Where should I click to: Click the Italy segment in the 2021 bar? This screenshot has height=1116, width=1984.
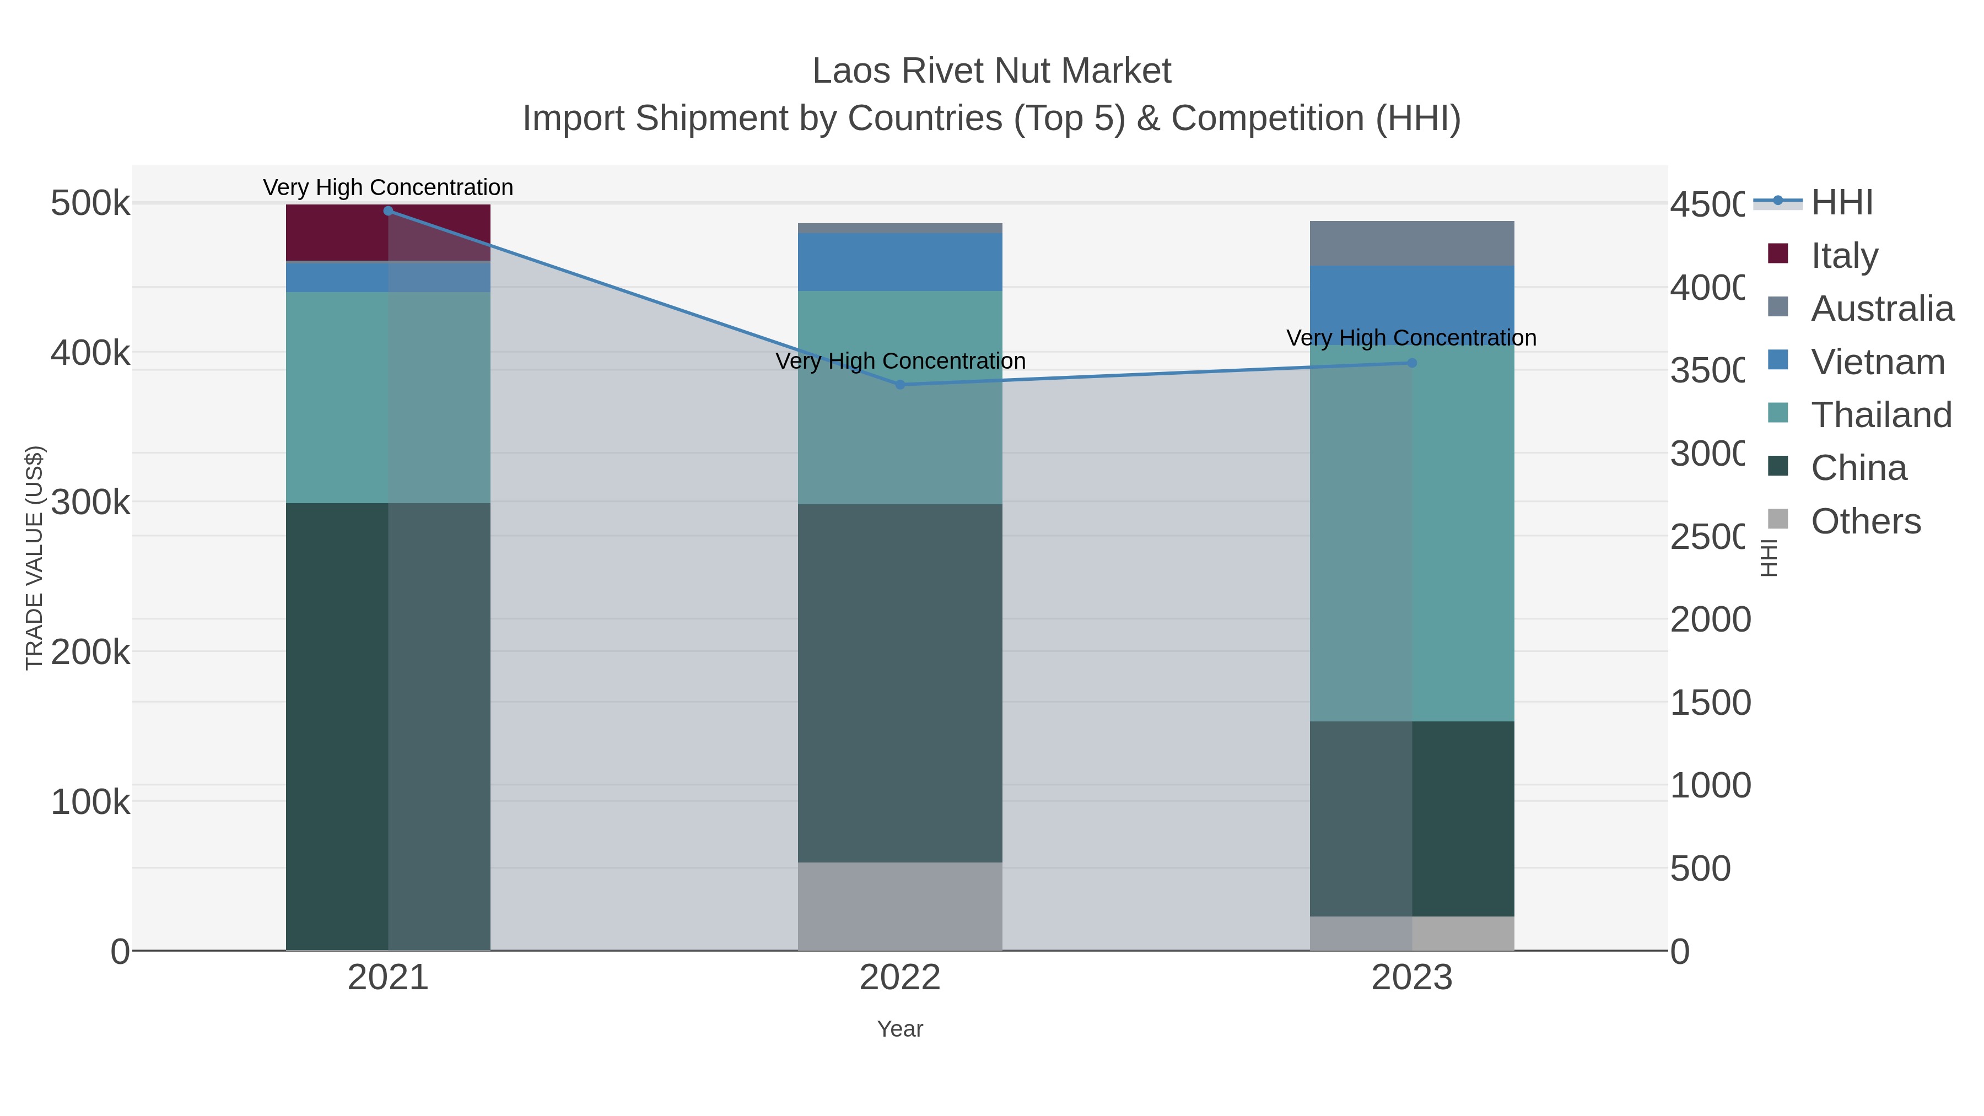pos(387,233)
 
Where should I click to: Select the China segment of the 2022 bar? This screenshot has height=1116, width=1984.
pos(899,683)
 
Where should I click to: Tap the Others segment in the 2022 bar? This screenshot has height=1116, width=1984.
pos(899,907)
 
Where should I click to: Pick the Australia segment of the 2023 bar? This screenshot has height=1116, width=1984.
pos(1412,244)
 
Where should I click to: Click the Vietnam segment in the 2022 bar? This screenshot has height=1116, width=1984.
pos(899,262)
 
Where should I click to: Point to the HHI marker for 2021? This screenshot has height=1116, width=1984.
pos(388,211)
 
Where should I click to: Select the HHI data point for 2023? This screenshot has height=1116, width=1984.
pos(1412,363)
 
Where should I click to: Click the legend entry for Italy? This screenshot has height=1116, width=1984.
pos(1844,255)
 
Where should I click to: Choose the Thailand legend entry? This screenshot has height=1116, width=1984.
pos(1881,414)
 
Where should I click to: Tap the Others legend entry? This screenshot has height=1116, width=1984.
pos(1866,521)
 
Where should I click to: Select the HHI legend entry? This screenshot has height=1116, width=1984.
pos(1841,203)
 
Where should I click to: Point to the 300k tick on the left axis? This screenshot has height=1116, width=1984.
pos(90,503)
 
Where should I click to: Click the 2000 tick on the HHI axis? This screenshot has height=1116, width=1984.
pos(1710,620)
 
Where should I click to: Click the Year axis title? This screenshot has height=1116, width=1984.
pos(899,1029)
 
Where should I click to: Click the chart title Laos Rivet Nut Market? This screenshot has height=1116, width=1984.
pos(991,71)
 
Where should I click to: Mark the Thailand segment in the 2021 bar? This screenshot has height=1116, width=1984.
pos(387,397)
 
